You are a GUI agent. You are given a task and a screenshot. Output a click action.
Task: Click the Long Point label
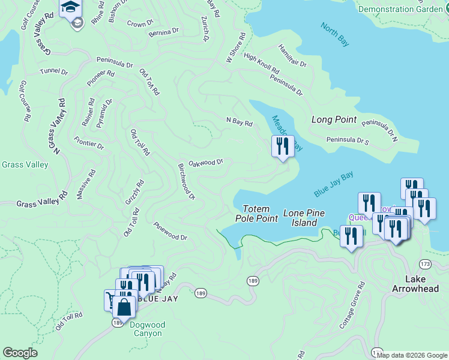pos(334,120)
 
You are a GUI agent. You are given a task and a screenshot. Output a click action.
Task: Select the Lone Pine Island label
pos(300,218)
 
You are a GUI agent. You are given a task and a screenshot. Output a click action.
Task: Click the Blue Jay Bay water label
pos(333,184)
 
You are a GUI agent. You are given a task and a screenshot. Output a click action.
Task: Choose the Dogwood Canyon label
pos(146,329)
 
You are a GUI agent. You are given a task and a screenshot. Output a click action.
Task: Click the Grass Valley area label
pos(25,164)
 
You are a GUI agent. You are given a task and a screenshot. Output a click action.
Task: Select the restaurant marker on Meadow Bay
pos(282,146)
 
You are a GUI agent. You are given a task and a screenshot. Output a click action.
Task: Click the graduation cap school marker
pos(70,8)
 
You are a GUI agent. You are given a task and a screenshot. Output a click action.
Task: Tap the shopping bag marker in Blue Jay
pos(124,307)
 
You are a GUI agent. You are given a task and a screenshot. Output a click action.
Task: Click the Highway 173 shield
pos(426,264)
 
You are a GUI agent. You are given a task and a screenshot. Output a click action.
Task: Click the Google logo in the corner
pos(20,353)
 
